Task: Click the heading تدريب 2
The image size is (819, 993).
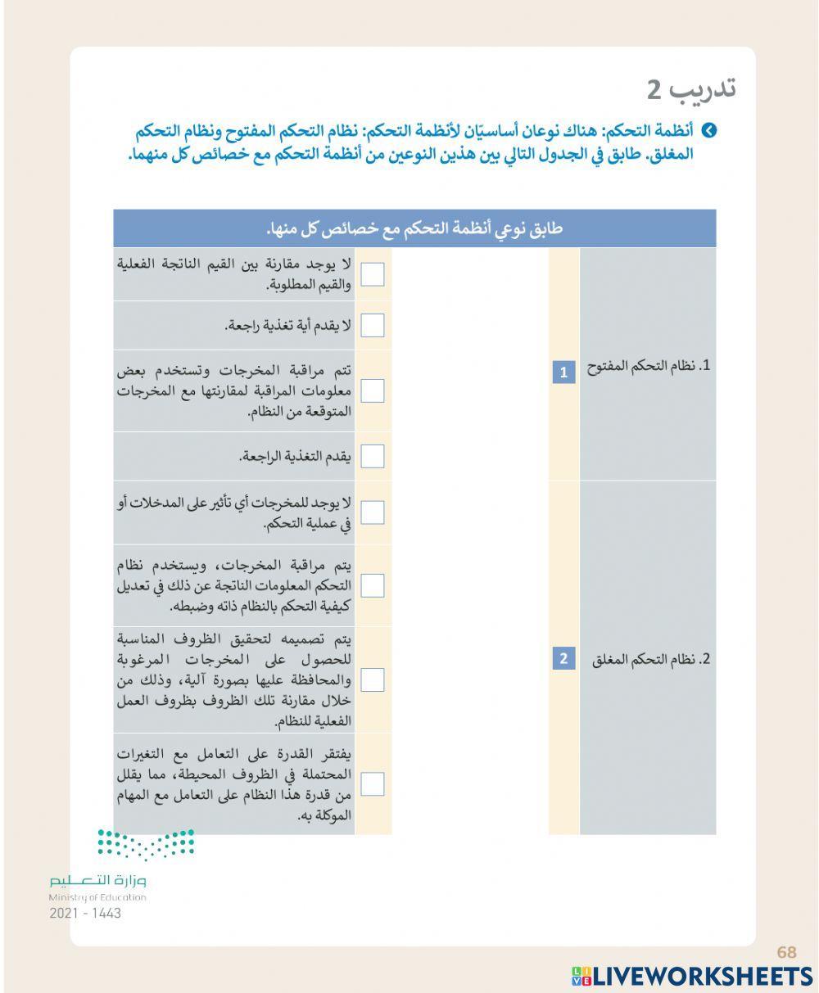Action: pos(691,89)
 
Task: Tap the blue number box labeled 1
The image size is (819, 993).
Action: pos(563,373)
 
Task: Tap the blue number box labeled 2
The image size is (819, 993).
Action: pos(563,658)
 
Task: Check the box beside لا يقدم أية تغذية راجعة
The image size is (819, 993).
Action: pos(373,326)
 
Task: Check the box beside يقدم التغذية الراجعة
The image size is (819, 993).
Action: pos(373,456)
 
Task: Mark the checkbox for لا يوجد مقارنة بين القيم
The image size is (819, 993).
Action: pos(373,274)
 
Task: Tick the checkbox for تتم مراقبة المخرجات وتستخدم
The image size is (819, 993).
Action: pos(373,390)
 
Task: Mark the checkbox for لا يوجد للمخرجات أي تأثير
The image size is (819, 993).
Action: pos(373,512)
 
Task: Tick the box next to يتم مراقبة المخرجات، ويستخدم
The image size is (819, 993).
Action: pos(373,585)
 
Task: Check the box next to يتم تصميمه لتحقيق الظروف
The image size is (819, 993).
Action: pos(373,679)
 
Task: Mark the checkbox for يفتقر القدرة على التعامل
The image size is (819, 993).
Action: pos(373,784)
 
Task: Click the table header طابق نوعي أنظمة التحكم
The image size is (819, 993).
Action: pos(414,228)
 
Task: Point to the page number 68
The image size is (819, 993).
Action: pos(786,952)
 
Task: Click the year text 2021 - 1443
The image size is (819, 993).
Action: pos(85,914)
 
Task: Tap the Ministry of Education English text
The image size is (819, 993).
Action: pos(97,898)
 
